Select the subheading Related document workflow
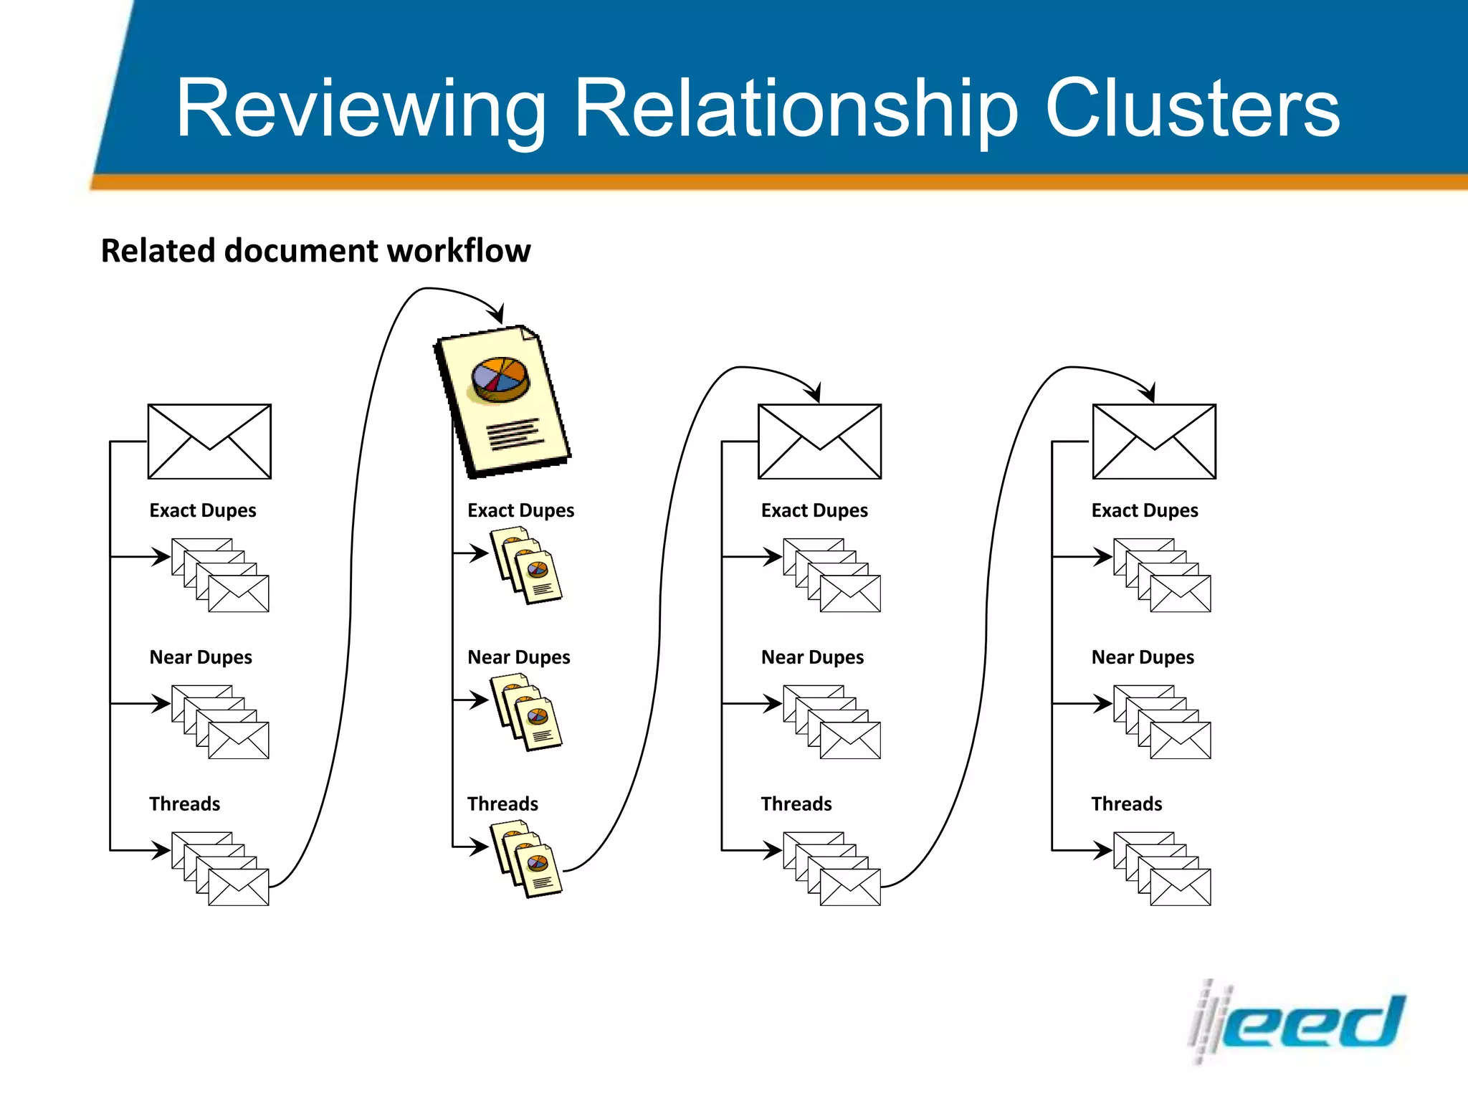[x=315, y=251]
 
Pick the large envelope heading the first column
[x=209, y=442]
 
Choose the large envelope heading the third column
[x=819, y=442]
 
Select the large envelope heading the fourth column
[x=1154, y=442]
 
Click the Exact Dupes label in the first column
[x=203, y=510]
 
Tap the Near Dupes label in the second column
[x=519, y=657]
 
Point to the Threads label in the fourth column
[x=1127, y=804]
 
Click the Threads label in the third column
[x=796, y=804]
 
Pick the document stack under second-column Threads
[x=526, y=859]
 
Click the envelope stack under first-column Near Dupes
[x=221, y=722]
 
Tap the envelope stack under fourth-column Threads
[x=1163, y=869]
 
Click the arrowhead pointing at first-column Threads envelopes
[x=161, y=850]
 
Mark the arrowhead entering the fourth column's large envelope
[x=1149, y=393]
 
